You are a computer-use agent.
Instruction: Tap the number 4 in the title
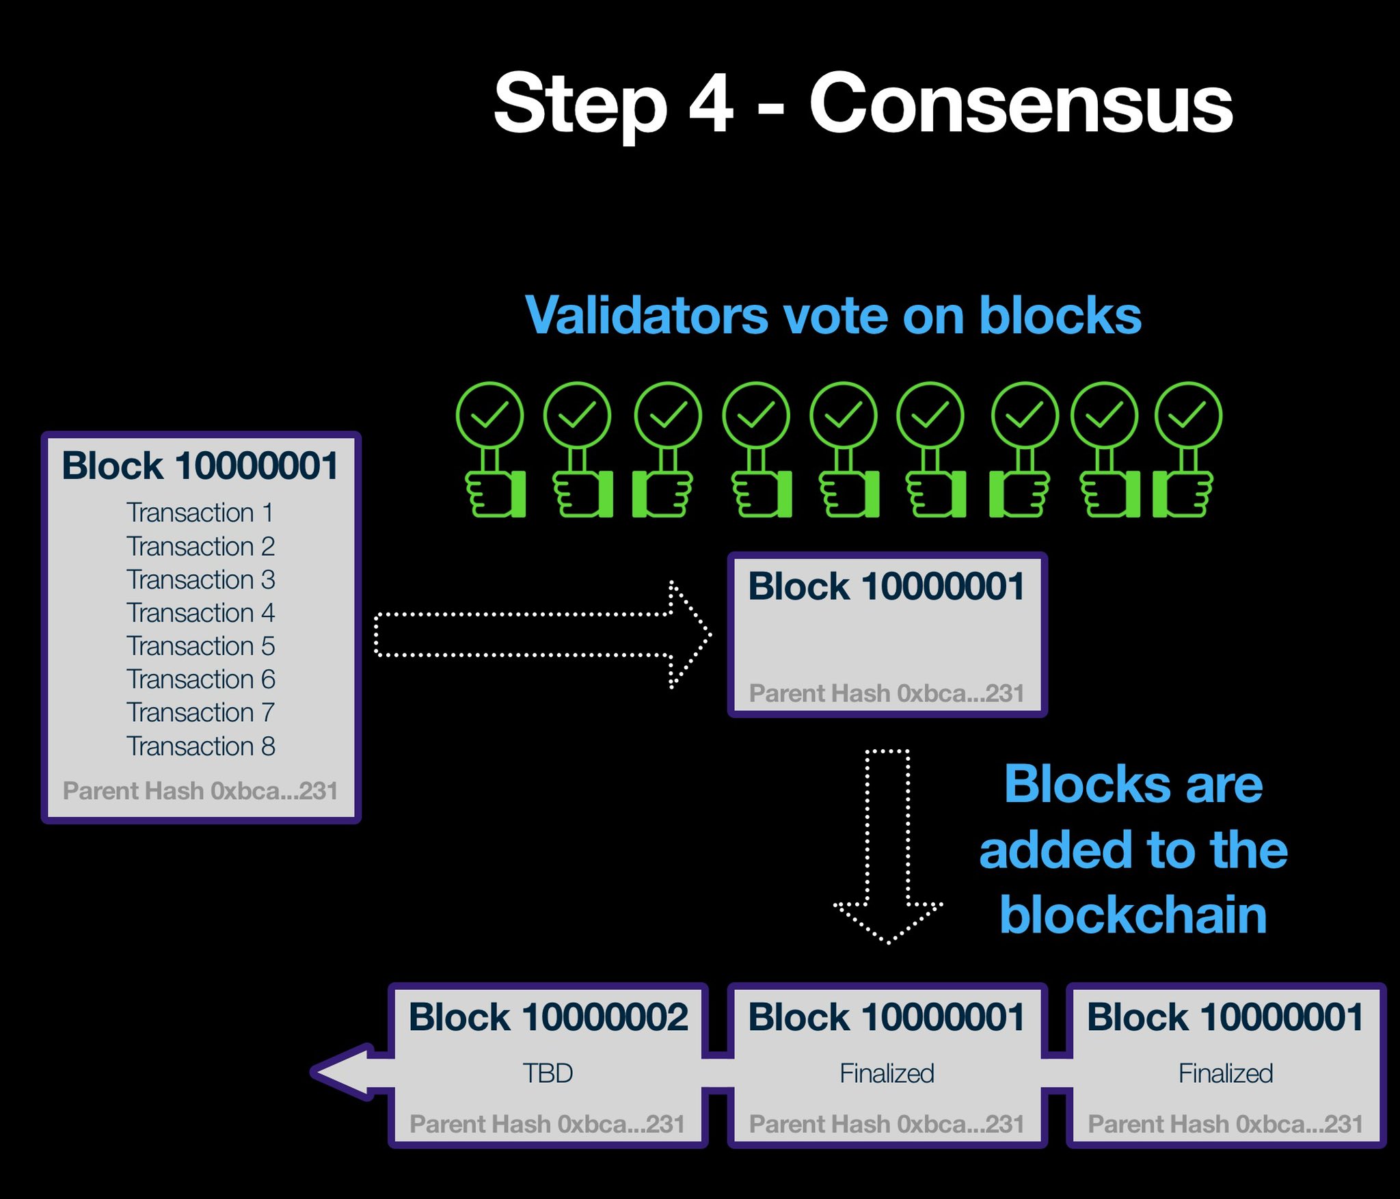(x=711, y=105)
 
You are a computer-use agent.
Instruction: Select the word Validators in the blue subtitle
(x=646, y=316)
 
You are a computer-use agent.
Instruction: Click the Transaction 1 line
(x=200, y=513)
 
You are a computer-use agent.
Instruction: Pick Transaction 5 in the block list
(x=200, y=646)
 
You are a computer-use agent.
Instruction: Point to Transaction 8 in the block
(x=200, y=746)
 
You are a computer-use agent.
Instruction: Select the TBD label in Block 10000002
(x=548, y=1073)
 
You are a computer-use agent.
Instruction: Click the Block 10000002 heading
(x=548, y=1016)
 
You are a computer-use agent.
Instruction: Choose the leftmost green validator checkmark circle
(x=489, y=415)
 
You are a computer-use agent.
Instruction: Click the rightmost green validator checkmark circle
(x=1188, y=415)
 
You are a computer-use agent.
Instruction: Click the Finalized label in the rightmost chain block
(x=1226, y=1073)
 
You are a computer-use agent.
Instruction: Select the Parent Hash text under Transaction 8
(x=200, y=791)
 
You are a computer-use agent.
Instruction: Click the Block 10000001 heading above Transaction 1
(x=200, y=466)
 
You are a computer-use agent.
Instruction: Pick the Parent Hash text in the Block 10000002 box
(x=548, y=1124)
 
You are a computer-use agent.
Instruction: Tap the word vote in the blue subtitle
(x=836, y=316)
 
